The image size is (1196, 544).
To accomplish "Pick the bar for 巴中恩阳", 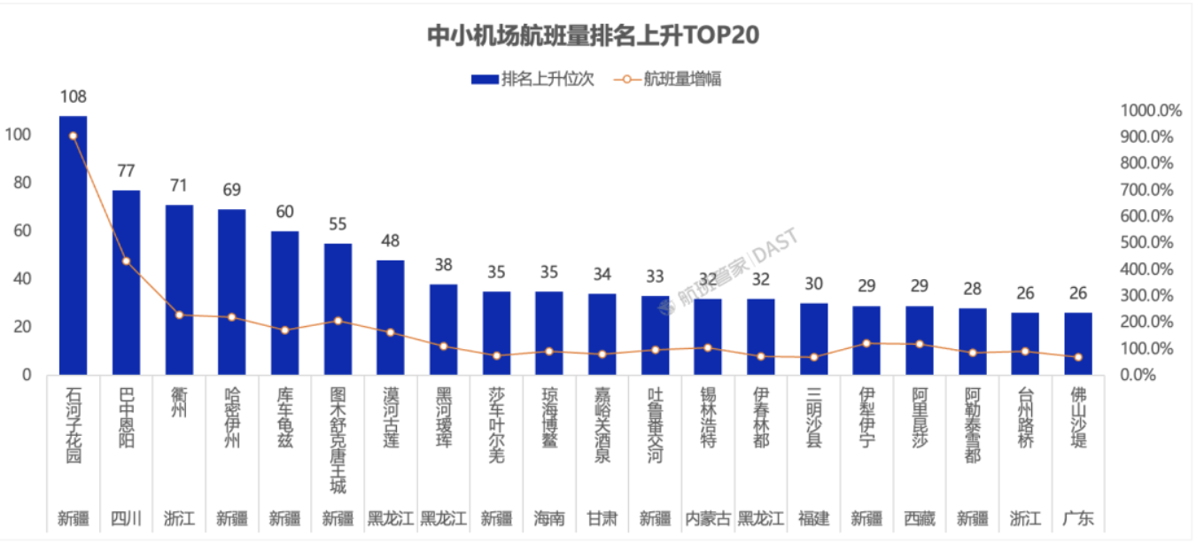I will point(126,283).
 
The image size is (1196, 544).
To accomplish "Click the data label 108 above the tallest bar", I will point(73,97).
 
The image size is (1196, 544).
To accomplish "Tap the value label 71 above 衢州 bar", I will point(179,186).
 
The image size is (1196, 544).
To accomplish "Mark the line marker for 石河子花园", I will point(73,136).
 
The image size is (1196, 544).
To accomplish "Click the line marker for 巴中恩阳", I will point(126,260).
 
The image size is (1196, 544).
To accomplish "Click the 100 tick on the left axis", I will point(19,135).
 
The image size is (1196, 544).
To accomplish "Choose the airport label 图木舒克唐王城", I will point(338,439).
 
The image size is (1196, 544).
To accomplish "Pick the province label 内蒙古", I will point(708,518).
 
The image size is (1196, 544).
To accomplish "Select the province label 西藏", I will point(920,518).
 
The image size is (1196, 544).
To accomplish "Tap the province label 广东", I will point(1078,518).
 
